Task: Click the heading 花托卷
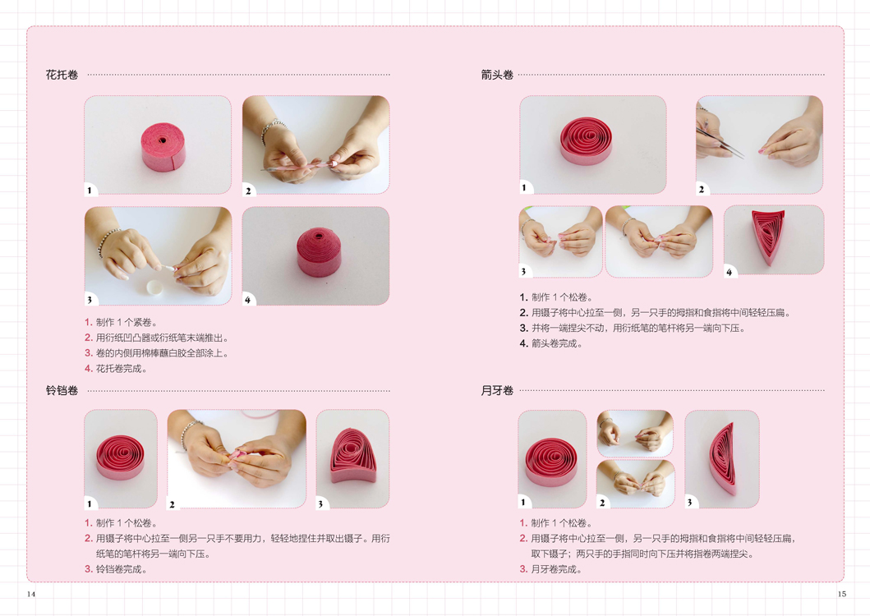tap(62, 75)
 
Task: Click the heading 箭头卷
tap(497, 75)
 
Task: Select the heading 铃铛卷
tap(62, 390)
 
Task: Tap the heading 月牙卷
tap(497, 390)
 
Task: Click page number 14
tap(31, 594)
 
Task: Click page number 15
tap(842, 594)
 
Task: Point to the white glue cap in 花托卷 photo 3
tap(154, 287)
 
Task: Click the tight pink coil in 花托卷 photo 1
tap(163, 146)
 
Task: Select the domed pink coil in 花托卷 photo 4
tap(319, 252)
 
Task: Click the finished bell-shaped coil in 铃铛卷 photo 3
tap(353, 456)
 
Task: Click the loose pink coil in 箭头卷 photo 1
tap(586, 141)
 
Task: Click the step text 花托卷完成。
tap(121, 369)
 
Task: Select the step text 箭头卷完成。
tap(556, 343)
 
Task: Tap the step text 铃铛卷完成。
tap(121, 569)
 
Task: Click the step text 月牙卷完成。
tap(556, 569)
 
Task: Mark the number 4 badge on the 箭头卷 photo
tap(729, 272)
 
